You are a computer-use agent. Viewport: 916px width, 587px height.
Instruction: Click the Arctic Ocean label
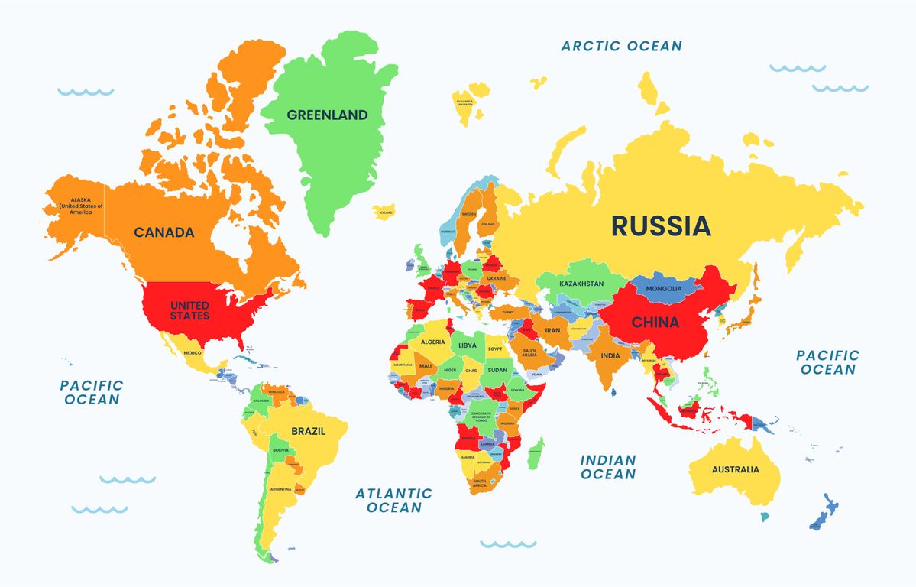[621, 46]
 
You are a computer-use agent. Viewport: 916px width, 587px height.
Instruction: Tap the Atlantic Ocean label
[393, 501]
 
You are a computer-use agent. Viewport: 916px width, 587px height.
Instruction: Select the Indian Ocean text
[608, 467]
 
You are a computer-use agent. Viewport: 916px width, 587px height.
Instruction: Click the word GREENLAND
[327, 115]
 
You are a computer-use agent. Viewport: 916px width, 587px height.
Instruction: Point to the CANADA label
[164, 232]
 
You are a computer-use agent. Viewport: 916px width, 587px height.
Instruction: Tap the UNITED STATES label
[189, 310]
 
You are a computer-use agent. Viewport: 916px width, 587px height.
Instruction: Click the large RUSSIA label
[661, 225]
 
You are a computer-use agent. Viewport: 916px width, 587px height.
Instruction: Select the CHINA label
[655, 322]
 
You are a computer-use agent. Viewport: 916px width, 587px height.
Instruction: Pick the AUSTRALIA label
[735, 469]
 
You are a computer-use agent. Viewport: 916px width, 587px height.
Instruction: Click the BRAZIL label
[308, 431]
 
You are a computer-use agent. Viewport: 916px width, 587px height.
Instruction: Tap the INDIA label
[610, 356]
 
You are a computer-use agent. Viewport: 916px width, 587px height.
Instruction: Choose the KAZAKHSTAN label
[581, 284]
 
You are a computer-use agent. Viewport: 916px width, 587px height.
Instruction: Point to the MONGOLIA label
[663, 289]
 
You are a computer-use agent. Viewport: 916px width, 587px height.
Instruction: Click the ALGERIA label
[432, 342]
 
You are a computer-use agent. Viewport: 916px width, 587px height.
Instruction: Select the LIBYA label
[467, 345]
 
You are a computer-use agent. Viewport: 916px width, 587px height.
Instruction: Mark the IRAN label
[552, 330]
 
